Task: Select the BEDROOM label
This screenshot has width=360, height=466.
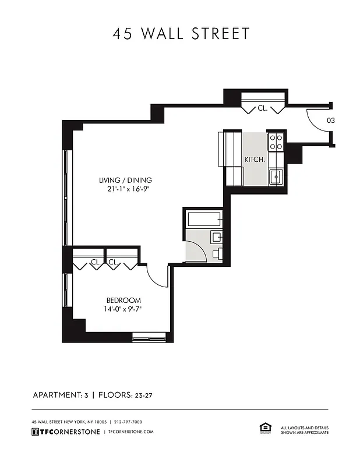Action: [x=123, y=301]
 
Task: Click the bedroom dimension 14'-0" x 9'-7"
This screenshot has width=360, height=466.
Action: [x=123, y=309]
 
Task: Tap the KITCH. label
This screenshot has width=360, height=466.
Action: [x=255, y=159]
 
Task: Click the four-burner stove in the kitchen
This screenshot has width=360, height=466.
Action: [x=276, y=142]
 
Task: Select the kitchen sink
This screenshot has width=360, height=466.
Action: [x=276, y=176]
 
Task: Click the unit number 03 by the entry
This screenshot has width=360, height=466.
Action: [x=330, y=121]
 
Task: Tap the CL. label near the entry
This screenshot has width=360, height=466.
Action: [x=262, y=108]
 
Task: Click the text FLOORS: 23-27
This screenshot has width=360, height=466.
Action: [x=125, y=396]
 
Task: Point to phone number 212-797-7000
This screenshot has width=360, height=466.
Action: [x=128, y=422]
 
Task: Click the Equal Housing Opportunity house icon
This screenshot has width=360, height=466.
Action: [x=263, y=428]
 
